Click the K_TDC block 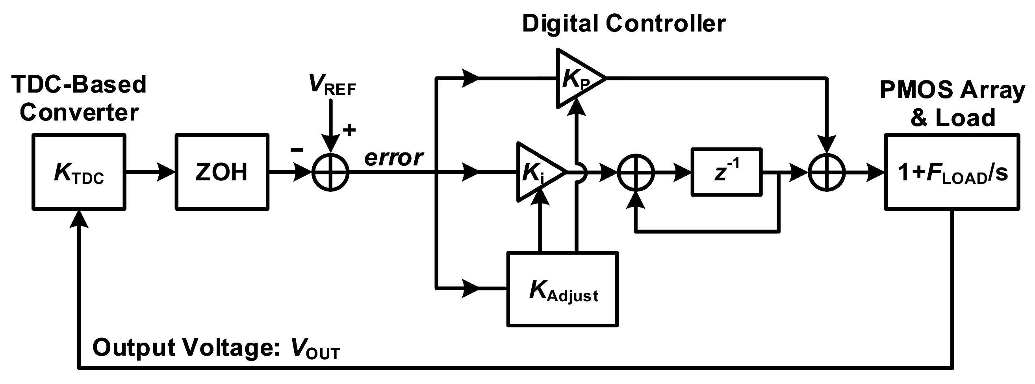tap(79, 172)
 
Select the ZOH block tap(222, 172)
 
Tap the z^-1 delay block tap(726, 172)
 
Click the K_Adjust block tap(562, 289)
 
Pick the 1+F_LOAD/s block tap(952, 172)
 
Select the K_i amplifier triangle tap(536, 172)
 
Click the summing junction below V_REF tap(331, 173)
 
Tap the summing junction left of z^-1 tap(636, 173)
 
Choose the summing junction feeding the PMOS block tap(827, 173)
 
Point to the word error tap(393, 158)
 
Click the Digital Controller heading tap(623, 23)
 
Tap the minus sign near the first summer tap(297, 150)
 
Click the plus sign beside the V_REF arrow tap(349, 130)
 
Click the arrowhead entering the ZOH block tap(167, 172)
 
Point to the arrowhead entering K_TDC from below tap(79, 219)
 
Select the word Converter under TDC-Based tap(79, 113)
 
